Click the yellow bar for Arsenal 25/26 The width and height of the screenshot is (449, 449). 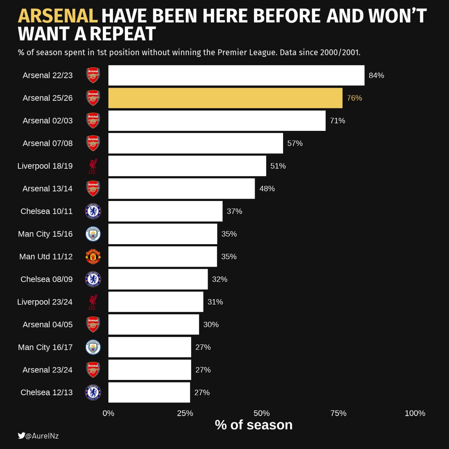point(225,98)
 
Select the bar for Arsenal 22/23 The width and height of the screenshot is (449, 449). point(236,75)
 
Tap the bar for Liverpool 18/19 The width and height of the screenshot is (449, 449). point(187,166)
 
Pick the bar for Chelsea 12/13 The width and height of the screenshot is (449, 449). point(149,393)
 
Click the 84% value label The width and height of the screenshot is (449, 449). point(376,75)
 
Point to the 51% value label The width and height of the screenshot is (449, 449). point(278,166)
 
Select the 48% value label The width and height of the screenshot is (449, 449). point(267,189)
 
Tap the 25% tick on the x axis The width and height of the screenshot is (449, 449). point(185,413)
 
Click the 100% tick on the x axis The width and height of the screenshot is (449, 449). point(415,413)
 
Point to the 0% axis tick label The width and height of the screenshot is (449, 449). point(108,413)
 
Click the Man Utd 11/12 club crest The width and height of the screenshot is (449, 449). point(93,257)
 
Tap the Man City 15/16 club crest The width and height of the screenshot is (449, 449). point(93,234)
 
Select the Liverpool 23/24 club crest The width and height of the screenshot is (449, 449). point(93,302)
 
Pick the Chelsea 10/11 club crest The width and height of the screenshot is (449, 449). point(93,211)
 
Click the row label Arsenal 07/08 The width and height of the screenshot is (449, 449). point(48,143)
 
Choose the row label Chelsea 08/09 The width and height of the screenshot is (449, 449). point(47,279)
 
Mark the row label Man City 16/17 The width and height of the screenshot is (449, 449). point(45,347)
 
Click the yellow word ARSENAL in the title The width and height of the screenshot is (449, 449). point(58,16)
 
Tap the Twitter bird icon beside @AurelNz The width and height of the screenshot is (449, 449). point(21,436)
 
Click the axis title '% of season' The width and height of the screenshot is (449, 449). point(254,425)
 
